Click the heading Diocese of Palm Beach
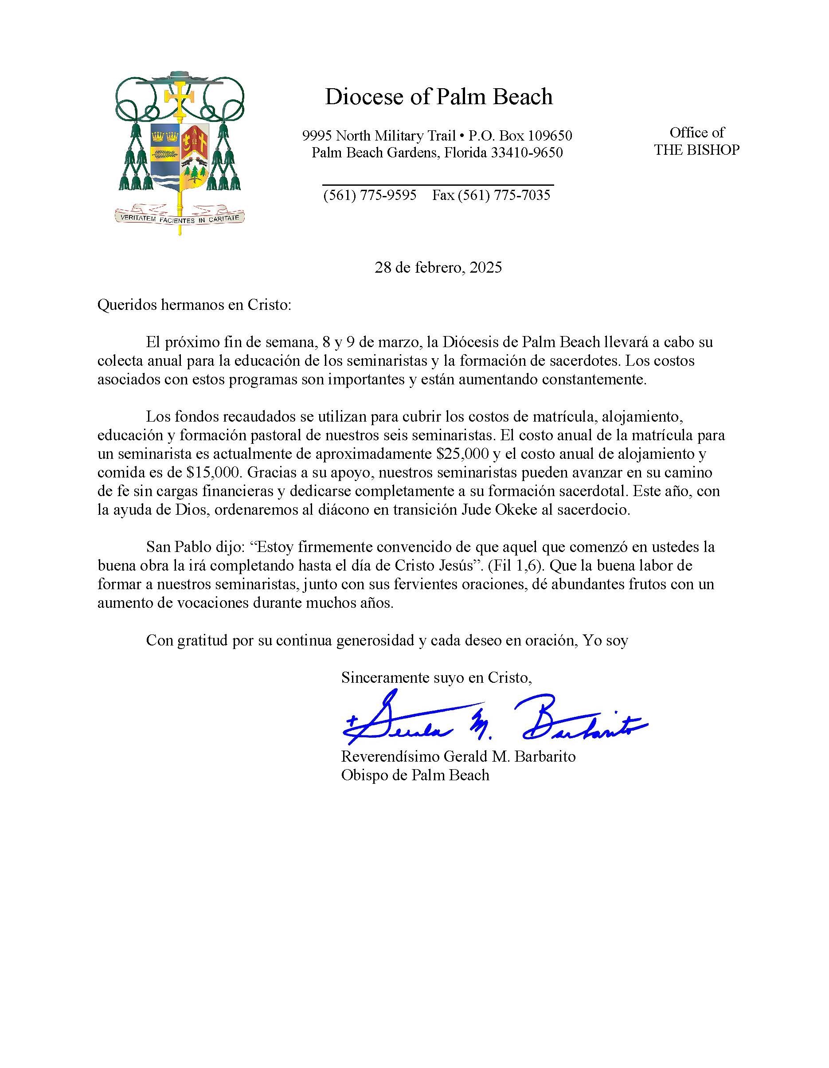(439, 97)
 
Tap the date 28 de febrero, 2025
(438, 267)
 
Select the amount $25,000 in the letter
(463, 454)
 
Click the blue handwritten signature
(494, 719)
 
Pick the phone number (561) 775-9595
(370, 195)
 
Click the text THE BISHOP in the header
(696, 150)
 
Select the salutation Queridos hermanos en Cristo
(194, 305)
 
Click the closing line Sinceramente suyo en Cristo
(436, 677)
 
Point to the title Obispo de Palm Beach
(415, 775)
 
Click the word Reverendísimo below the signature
(390, 756)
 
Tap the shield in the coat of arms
(180, 156)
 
